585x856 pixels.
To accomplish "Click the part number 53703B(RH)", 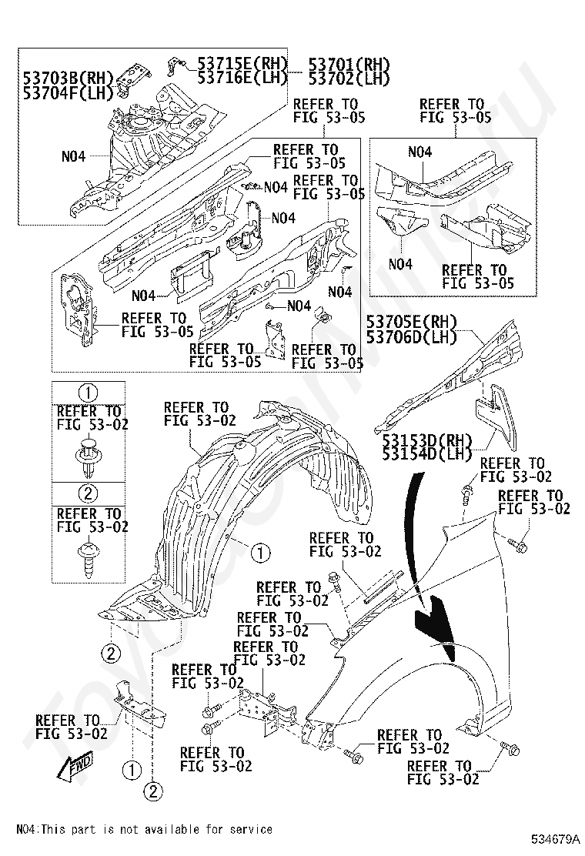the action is (x=68, y=79).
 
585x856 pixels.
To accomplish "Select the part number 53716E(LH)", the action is (x=242, y=78).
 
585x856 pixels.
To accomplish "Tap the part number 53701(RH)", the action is (x=349, y=65).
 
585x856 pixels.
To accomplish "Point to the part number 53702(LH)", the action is (x=349, y=79).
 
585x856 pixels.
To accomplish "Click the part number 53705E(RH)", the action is (x=412, y=323).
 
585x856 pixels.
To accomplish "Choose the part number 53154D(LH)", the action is (x=427, y=453).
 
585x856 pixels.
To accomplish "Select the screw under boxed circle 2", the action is (x=89, y=558).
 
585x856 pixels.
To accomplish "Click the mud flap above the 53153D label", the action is (x=493, y=406).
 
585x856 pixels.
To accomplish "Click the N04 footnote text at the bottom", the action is (x=144, y=829).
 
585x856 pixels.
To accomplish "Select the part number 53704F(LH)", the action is (x=68, y=92).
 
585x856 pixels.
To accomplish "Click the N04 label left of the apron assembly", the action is (x=73, y=157).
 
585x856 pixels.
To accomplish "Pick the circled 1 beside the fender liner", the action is (x=260, y=553).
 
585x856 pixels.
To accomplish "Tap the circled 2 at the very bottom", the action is (x=153, y=791).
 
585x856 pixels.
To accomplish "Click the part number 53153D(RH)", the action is (x=427, y=440).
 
